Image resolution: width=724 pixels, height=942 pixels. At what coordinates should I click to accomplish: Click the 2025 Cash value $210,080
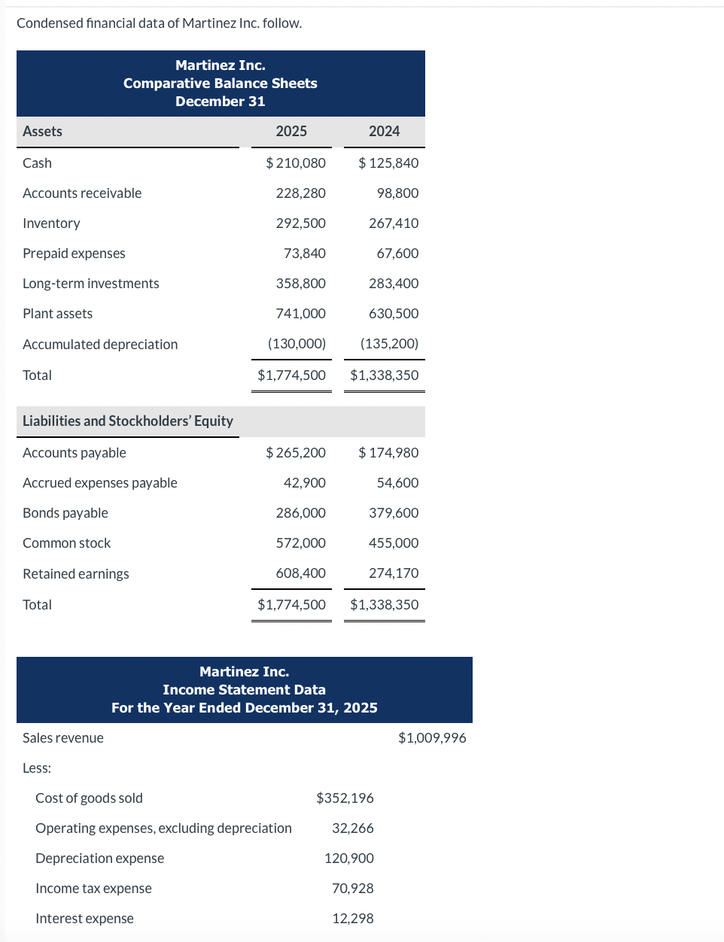click(x=296, y=163)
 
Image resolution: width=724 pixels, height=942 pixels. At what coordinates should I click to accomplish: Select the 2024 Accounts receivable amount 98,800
click(x=397, y=193)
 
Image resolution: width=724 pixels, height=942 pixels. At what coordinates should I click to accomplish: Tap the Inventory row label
click(x=51, y=223)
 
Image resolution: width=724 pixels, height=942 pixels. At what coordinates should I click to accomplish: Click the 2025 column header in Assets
click(x=291, y=131)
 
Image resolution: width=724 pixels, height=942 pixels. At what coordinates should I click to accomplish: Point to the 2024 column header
click(x=384, y=131)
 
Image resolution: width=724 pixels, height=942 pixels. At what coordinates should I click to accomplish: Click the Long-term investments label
click(x=90, y=283)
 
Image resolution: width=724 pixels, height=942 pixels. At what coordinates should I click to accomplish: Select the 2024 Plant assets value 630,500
click(x=394, y=313)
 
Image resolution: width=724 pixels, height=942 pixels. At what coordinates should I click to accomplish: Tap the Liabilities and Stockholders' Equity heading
click(x=127, y=421)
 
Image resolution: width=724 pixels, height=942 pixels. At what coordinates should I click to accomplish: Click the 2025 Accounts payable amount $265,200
click(x=296, y=452)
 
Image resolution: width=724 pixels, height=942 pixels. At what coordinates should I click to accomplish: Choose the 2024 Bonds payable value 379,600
click(x=394, y=512)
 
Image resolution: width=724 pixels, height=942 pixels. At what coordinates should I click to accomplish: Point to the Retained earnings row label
click(x=75, y=573)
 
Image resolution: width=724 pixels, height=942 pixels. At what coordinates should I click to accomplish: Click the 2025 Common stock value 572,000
click(x=300, y=542)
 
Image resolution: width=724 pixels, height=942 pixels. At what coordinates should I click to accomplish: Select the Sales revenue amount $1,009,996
click(x=432, y=737)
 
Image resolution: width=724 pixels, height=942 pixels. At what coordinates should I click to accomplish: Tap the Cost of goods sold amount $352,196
click(x=345, y=798)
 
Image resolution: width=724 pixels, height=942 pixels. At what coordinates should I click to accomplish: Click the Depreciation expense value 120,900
click(x=348, y=858)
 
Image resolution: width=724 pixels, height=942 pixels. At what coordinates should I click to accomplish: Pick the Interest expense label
click(x=84, y=918)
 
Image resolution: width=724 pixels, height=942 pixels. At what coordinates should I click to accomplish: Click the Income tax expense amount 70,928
click(x=352, y=888)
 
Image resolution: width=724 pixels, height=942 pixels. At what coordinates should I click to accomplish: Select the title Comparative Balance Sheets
click(x=220, y=83)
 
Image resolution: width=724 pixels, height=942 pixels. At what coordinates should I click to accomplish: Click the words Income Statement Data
click(x=244, y=689)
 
